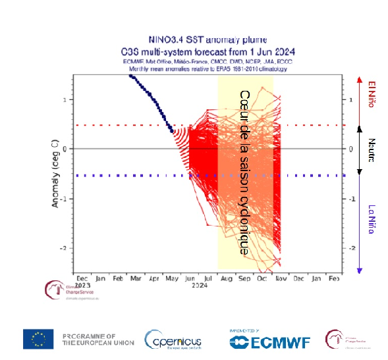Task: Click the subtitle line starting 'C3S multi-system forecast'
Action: pyautogui.click(x=207, y=51)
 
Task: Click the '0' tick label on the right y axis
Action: pyautogui.click(x=351, y=149)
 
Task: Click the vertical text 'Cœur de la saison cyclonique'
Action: pyautogui.click(x=244, y=173)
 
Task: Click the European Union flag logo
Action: pyautogui.click(x=38, y=339)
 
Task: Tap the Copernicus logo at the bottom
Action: pyautogui.click(x=173, y=340)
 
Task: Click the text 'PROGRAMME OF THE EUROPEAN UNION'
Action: pyautogui.click(x=98, y=339)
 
